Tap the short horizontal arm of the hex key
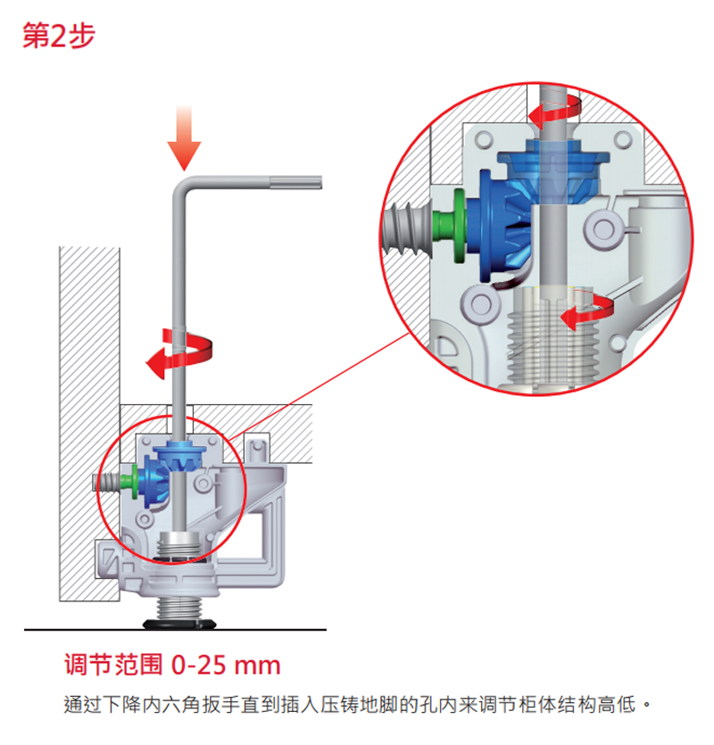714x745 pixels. point(259,183)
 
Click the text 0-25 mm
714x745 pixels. point(226,666)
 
